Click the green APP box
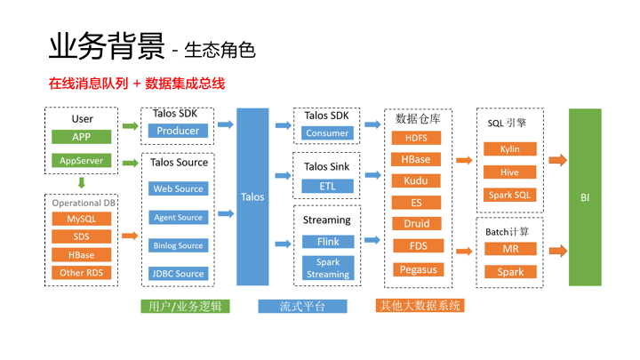pyautogui.click(x=81, y=137)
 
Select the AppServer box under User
pyautogui.click(x=81, y=161)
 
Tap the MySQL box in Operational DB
pyautogui.click(x=81, y=219)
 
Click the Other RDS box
pyautogui.click(x=81, y=273)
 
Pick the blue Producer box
pyautogui.click(x=178, y=131)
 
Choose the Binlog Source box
pyautogui.click(x=178, y=245)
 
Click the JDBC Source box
pyautogui.click(x=178, y=274)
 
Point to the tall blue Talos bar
pyautogui.click(x=252, y=196)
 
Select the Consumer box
pyautogui.click(x=327, y=133)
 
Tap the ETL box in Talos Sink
pyautogui.click(x=327, y=186)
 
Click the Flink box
pyautogui.click(x=327, y=241)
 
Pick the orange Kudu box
pyautogui.click(x=416, y=180)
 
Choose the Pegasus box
pyautogui.click(x=416, y=268)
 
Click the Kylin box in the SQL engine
pyautogui.click(x=509, y=148)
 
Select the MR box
pyautogui.click(x=509, y=250)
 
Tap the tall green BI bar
pyautogui.click(x=585, y=196)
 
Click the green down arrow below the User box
pyautogui.click(x=81, y=183)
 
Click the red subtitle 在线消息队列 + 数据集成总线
pyautogui.click(x=137, y=84)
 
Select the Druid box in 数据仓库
pyautogui.click(x=416, y=224)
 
